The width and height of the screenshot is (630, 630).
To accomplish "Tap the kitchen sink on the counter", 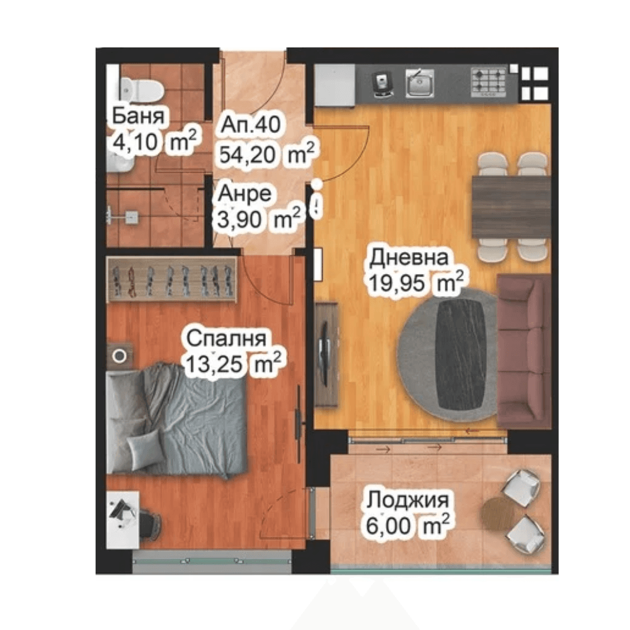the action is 420,83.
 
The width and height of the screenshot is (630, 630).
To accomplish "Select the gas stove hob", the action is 489,83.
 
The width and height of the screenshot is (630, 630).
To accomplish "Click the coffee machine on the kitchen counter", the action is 382,85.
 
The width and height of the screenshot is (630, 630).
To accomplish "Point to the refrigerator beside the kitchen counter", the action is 335,85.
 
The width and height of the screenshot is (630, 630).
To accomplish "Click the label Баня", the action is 138,116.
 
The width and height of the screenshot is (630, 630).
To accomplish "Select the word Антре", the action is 244,193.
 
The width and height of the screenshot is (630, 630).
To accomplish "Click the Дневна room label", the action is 409,258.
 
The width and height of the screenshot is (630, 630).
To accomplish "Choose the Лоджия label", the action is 408,500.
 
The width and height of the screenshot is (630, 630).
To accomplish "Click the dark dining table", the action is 511,207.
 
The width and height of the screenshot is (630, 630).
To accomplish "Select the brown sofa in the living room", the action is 524,350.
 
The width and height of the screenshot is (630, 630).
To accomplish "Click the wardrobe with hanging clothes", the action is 171,280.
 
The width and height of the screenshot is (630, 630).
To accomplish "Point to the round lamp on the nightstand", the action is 119,355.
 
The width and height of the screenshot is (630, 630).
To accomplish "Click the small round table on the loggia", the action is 498,512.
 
